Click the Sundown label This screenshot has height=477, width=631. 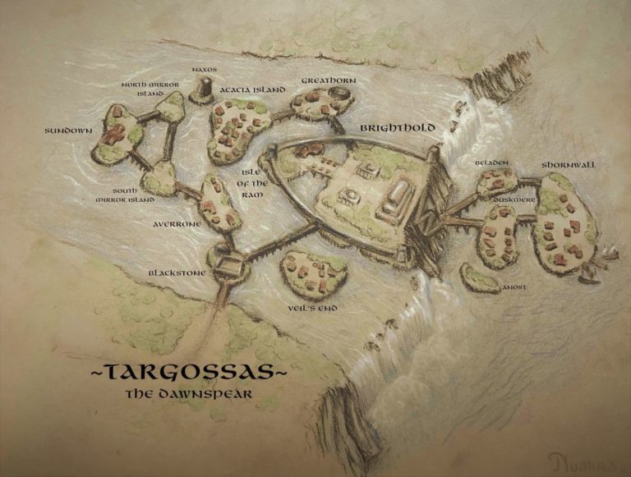68,131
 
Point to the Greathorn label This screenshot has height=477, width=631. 327,80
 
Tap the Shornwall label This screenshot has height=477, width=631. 569,165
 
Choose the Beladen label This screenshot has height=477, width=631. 493,163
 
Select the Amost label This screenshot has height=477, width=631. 514,287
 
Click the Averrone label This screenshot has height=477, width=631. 177,223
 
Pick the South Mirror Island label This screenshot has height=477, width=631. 125,195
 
